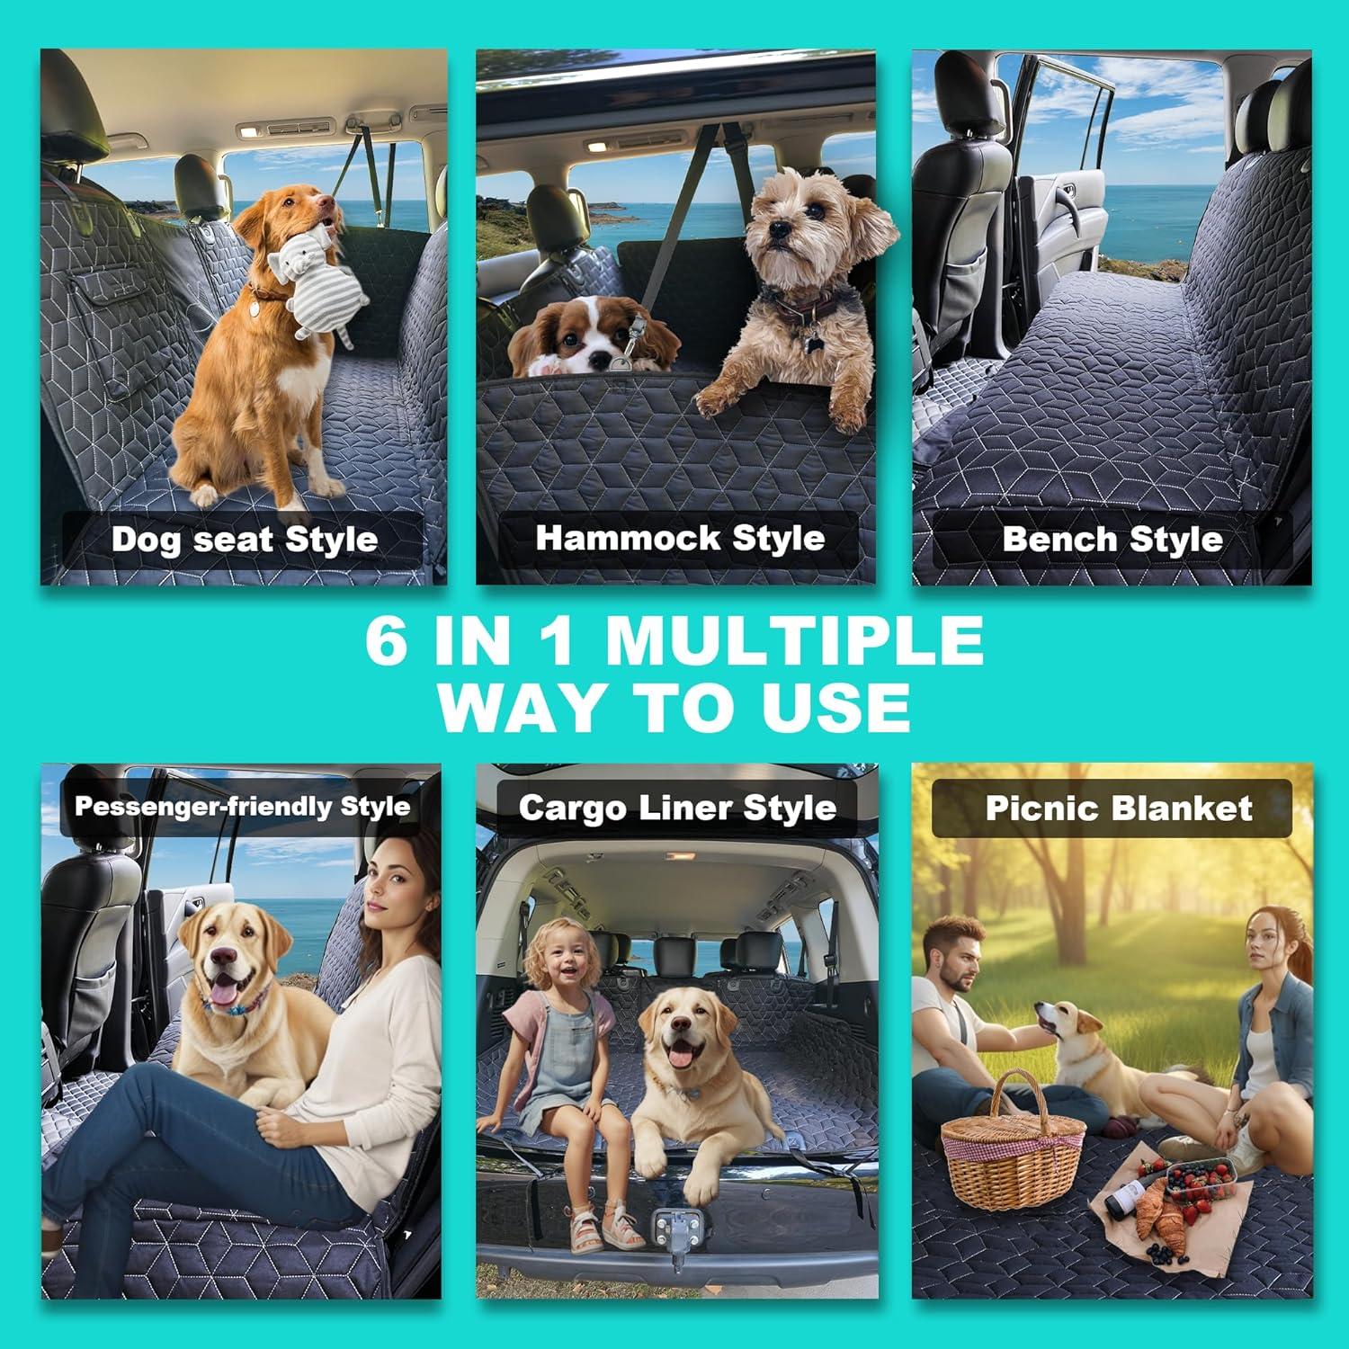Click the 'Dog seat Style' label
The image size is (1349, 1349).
244,540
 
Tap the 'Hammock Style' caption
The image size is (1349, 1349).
680,538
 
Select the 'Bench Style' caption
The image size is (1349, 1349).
1112,539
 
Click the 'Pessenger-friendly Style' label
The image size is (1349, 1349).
242,806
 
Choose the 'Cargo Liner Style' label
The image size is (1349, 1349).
677,808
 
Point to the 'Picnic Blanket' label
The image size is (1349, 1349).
1118,808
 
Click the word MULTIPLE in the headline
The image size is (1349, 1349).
794,641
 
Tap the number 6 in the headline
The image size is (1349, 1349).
387,641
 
